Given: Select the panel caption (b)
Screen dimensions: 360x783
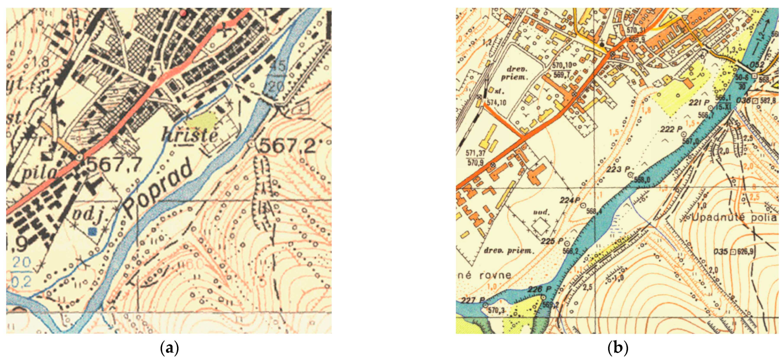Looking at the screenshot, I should (618, 347).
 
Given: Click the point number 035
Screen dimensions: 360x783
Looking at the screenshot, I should (720, 252).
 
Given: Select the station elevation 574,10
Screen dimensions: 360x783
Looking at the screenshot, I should (496, 103).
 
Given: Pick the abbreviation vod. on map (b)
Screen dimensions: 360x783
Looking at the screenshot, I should (541, 212).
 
